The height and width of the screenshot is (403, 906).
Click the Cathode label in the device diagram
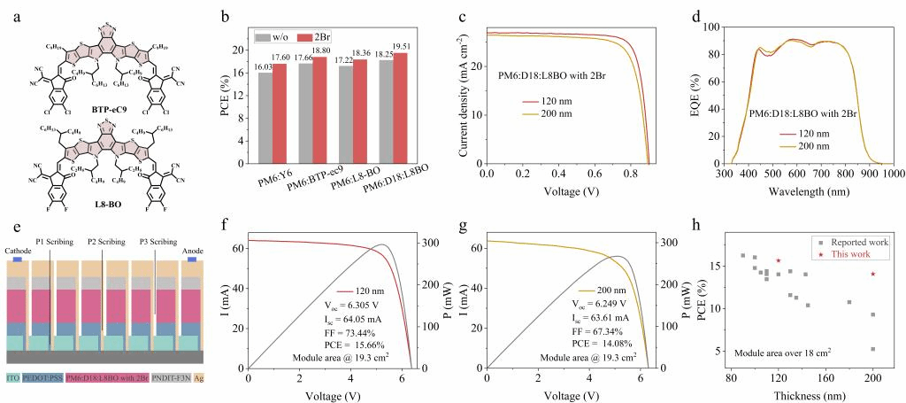click(x=20, y=252)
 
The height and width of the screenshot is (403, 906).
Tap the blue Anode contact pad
click(x=190, y=261)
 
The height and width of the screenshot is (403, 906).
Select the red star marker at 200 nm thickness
click(x=873, y=274)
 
